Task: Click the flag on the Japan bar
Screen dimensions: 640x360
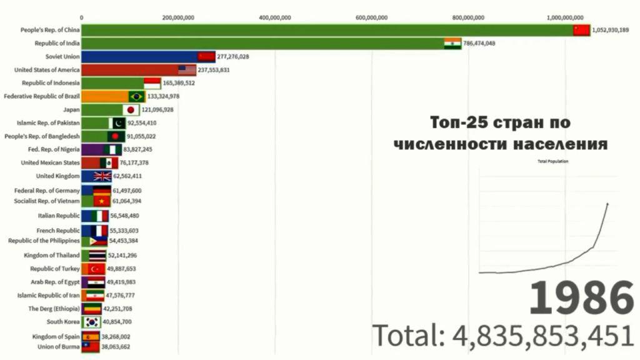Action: (x=131, y=110)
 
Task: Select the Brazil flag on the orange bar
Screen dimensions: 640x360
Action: (x=136, y=96)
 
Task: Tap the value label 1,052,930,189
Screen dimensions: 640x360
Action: (x=610, y=30)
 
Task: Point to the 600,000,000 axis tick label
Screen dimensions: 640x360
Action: (x=371, y=17)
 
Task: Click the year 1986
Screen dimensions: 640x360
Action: (x=581, y=297)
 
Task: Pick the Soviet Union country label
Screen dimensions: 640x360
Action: (x=62, y=56)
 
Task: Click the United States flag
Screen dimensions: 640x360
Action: (x=187, y=70)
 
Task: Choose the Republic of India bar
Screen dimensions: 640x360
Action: (x=271, y=43)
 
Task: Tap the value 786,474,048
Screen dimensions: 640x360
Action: (x=479, y=43)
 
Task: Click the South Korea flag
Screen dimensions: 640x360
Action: (x=92, y=322)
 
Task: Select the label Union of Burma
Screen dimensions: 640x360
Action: (x=58, y=347)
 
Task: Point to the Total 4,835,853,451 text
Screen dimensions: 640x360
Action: (x=503, y=336)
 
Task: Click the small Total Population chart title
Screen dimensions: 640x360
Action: (x=552, y=162)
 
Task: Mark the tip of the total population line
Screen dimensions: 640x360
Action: (x=607, y=203)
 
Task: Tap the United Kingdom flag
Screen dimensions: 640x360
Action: (x=102, y=176)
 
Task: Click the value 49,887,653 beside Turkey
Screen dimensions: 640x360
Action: (x=121, y=269)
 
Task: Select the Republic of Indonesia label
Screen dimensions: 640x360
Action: (x=51, y=83)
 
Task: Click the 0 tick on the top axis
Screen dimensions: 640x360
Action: (x=82, y=17)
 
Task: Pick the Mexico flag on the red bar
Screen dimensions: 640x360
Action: (x=108, y=163)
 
